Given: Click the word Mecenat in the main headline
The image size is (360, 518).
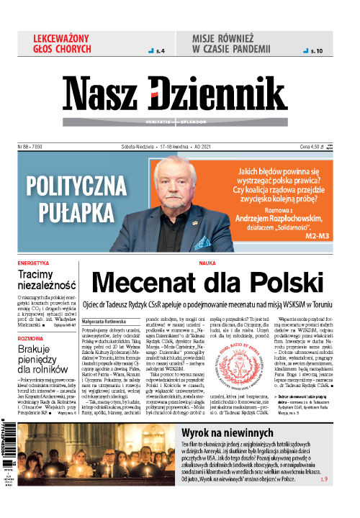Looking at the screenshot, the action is click(152, 283).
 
